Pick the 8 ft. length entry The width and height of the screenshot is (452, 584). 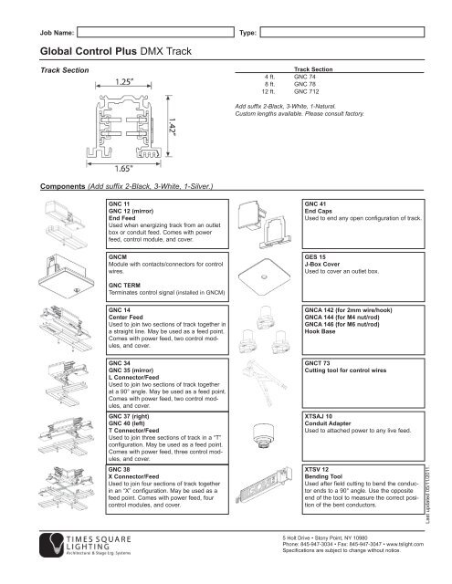coord(269,85)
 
